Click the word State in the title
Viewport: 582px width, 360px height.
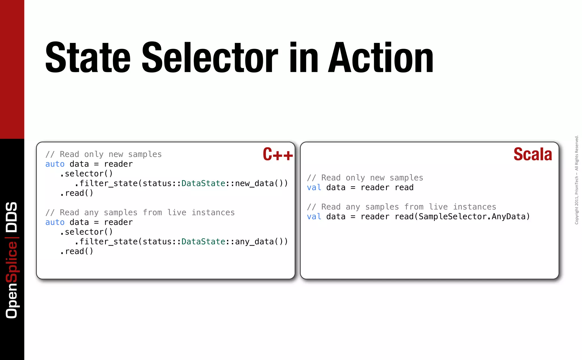88,57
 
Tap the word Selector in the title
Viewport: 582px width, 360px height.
210,57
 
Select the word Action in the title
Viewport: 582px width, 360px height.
381,57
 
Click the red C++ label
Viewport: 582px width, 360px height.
278,154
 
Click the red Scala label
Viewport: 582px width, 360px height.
533,154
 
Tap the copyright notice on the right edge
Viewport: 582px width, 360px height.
576,180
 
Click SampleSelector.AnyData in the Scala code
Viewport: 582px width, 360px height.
472,217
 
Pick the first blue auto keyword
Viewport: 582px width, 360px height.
55,164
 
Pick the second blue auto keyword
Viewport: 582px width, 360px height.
55,222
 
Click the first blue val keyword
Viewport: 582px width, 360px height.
314,188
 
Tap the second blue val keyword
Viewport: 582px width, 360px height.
314,217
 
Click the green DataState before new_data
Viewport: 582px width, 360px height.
203,183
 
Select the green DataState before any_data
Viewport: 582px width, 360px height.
203,242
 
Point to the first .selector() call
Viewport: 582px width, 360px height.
86,174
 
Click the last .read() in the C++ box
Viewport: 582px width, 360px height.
77,251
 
